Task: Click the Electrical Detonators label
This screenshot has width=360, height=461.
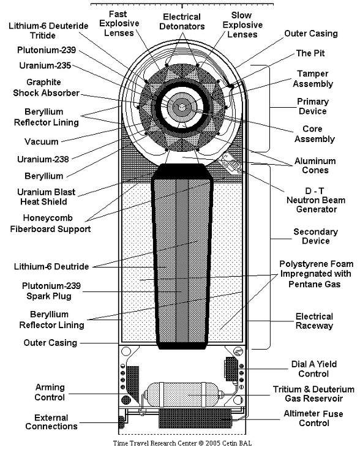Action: click(x=182, y=21)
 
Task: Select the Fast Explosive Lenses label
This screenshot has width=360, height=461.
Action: click(x=119, y=23)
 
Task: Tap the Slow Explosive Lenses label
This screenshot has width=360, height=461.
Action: click(x=242, y=24)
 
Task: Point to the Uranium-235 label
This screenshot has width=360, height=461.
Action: click(x=45, y=66)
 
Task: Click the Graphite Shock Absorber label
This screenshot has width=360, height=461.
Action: click(x=46, y=88)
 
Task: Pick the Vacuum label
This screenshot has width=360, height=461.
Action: click(x=42, y=141)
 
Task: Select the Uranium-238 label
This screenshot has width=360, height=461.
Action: click(x=43, y=159)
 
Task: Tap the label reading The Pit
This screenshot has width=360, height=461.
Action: click(x=310, y=53)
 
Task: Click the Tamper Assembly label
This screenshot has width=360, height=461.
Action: click(x=313, y=79)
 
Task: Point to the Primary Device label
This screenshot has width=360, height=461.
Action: click(x=313, y=106)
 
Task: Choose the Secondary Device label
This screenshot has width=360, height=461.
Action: click(x=315, y=236)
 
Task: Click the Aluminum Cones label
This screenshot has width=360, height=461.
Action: click(x=315, y=165)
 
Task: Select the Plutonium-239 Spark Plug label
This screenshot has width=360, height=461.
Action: click(x=51, y=291)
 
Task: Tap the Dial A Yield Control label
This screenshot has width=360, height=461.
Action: click(x=314, y=369)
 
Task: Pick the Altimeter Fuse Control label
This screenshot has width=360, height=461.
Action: click(x=313, y=418)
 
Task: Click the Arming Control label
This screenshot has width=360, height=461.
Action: click(x=50, y=392)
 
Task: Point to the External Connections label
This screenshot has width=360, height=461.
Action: click(x=51, y=422)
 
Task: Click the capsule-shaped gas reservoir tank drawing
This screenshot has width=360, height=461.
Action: click(x=182, y=395)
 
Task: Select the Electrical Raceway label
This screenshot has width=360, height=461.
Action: click(x=314, y=321)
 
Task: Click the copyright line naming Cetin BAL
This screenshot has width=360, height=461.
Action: click(x=182, y=443)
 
